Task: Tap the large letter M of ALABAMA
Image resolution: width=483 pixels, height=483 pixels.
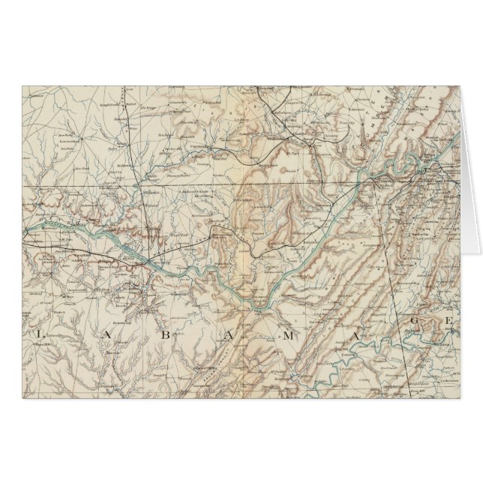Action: [x=287, y=335]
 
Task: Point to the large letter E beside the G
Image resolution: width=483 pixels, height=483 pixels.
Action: [x=449, y=324]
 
